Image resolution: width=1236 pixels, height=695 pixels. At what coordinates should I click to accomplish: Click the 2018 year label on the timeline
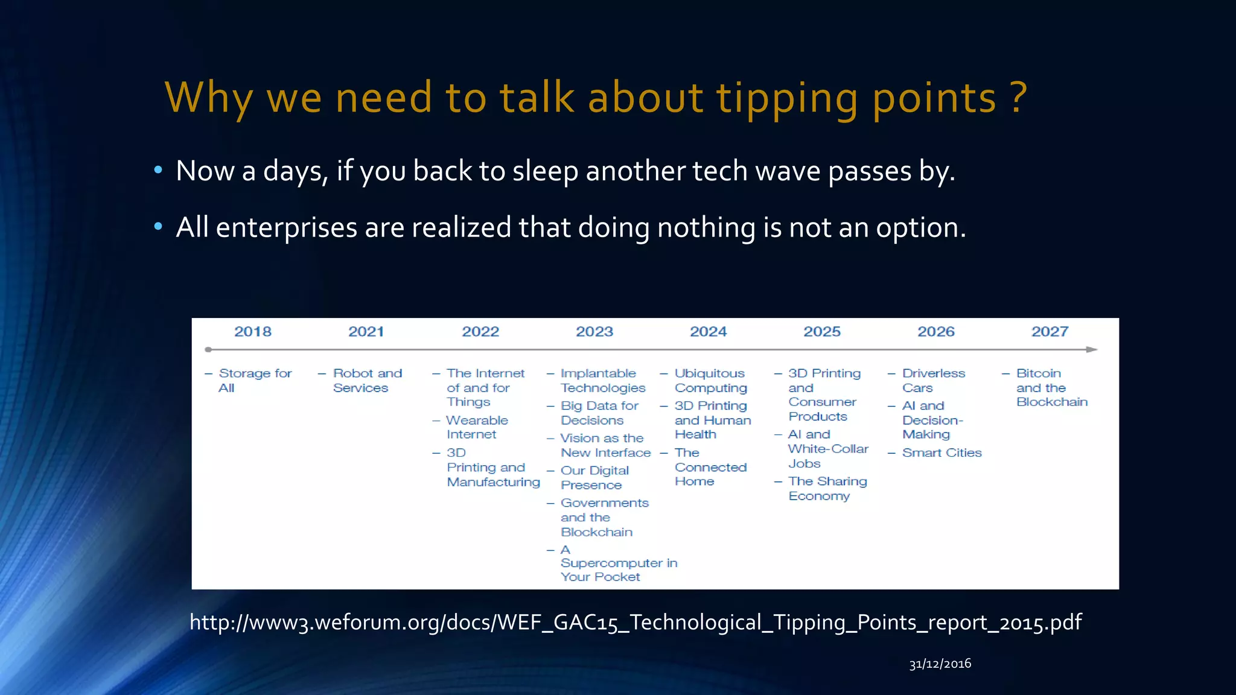(252, 332)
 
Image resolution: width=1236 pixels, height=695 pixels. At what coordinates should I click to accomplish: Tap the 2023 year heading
(594, 332)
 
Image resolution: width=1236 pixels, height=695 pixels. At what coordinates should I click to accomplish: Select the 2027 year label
(1050, 332)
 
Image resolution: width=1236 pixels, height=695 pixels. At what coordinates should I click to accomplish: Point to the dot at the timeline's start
(208, 349)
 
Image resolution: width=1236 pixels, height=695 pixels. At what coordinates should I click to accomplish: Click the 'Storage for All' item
(255, 381)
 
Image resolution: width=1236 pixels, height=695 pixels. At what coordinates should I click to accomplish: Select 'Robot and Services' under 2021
(367, 381)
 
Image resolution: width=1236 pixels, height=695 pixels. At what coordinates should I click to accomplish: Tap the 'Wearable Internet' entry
(477, 427)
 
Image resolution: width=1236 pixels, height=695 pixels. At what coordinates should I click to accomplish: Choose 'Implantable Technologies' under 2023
(602, 381)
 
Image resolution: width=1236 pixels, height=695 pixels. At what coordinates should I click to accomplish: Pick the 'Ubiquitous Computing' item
(710, 381)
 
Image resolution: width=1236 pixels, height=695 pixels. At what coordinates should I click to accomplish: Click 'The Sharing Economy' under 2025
(827, 489)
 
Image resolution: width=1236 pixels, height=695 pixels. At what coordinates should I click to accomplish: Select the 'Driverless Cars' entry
(933, 381)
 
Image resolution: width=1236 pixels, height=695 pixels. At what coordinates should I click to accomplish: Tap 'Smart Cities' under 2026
(941, 452)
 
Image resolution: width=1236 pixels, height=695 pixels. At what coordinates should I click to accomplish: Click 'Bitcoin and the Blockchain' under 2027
(1051, 388)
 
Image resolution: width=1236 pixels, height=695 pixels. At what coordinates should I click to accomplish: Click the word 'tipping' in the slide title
(787, 98)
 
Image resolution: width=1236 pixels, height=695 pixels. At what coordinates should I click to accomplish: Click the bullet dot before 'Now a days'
(158, 171)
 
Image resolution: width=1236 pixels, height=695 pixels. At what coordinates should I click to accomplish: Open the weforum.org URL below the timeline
(636, 622)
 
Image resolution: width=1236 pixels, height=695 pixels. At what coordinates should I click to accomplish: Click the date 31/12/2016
(940, 664)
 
